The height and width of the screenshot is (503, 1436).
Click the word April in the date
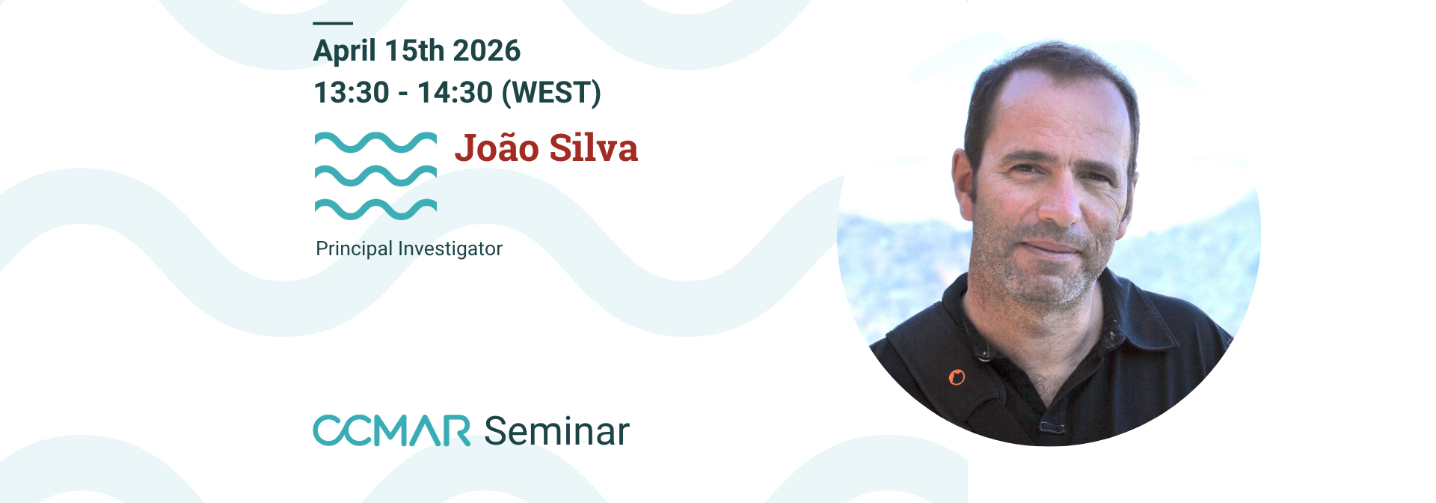tap(344, 51)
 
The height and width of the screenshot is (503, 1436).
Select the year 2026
tap(486, 51)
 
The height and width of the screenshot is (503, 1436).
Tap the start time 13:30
tap(352, 93)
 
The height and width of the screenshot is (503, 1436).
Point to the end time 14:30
tap(455, 93)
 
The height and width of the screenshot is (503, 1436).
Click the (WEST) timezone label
tap(551, 93)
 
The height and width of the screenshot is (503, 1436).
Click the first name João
tap(497, 147)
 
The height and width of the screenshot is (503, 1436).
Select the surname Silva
tap(594, 147)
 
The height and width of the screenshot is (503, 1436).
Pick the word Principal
tap(354, 249)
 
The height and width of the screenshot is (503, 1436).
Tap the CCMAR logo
tap(391, 430)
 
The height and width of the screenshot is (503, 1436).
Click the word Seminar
tap(557, 431)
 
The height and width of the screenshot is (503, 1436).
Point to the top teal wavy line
tap(375, 142)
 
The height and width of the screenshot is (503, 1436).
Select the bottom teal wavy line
tap(375, 210)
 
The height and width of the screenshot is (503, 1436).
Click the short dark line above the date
tap(333, 23)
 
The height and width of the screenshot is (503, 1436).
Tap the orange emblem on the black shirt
tap(957, 377)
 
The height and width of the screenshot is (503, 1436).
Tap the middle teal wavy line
tap(375, 176)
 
